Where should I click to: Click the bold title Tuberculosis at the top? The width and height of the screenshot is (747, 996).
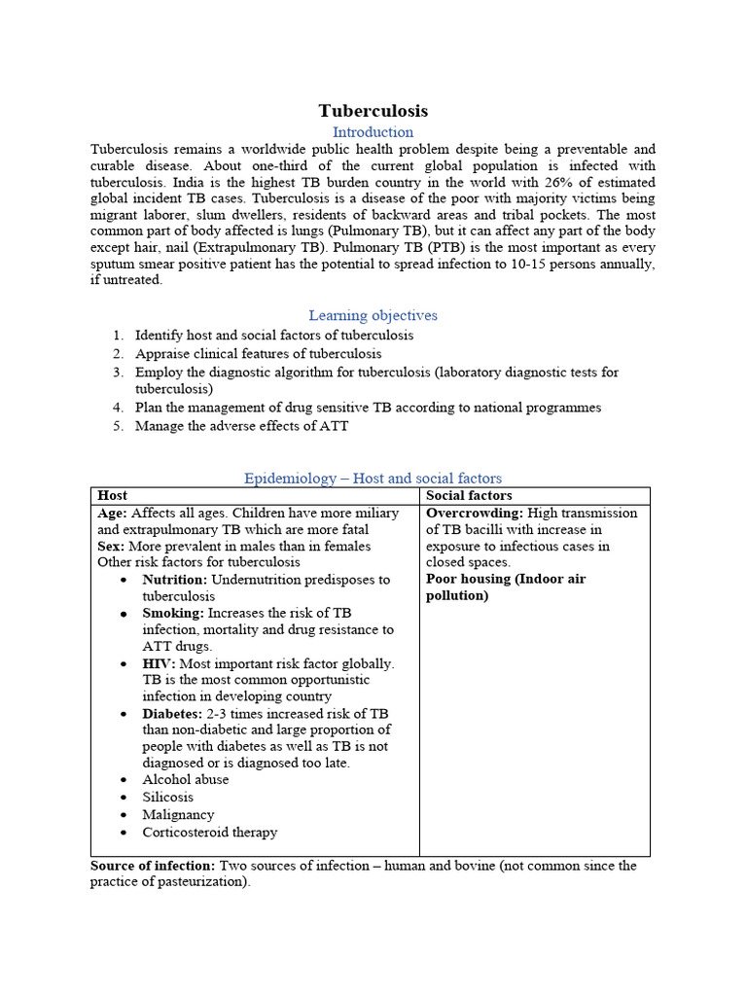click(373, 111)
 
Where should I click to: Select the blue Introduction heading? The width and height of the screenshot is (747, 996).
click(373, 132)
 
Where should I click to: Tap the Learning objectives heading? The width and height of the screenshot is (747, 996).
click(373, 315)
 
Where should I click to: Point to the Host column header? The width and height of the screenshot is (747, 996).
click(112, 495)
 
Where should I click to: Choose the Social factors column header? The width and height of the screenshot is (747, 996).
click(469, 495)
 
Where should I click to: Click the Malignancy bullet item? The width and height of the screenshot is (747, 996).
click(178, 815)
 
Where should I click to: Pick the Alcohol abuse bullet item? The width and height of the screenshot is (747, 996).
click(185, 780)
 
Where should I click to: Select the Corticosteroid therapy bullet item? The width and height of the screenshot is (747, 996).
click(209, 833)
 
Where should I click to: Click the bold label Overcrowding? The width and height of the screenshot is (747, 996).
click(475, 513)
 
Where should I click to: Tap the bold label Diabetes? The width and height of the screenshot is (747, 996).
click(173, 713)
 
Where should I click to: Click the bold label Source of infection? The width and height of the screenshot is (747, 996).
click(153, 866)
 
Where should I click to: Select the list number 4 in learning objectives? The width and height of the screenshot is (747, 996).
click(117, 408)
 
